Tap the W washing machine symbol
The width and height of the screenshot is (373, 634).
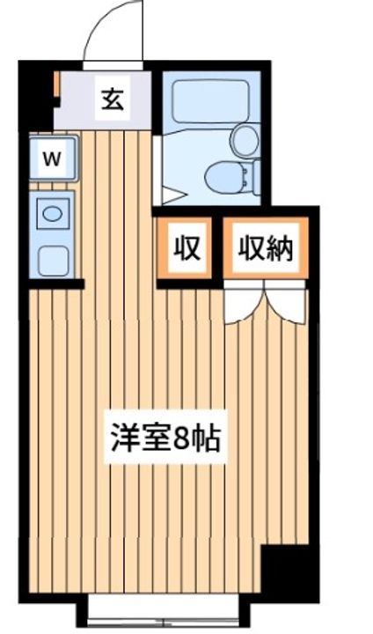click(x=52, y=158)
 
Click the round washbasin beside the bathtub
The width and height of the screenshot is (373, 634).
click(x=245, y=139)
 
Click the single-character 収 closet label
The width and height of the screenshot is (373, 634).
click(x=186, y=249)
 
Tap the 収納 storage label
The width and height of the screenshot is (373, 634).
click(x=264, y=249)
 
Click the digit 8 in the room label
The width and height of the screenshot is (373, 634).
click(x=181, y=438)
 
